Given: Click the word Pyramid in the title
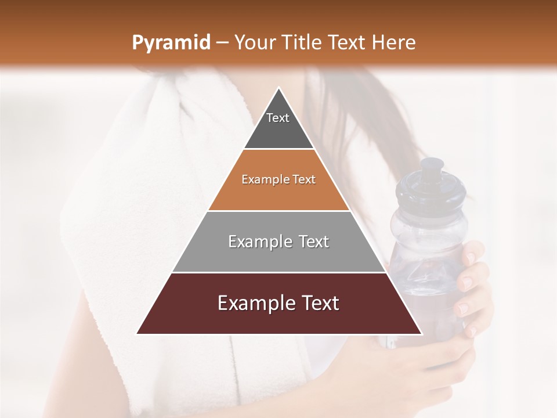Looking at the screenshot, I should (x=171, y=43).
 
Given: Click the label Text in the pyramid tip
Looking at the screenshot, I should (x=278, y=118).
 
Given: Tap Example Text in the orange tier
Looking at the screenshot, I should (x=278, y=179).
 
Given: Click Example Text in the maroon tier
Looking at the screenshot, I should (x=278, y=303).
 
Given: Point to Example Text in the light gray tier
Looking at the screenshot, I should (x=278, y=242).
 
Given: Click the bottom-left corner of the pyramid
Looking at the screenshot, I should (x=138, y=333).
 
